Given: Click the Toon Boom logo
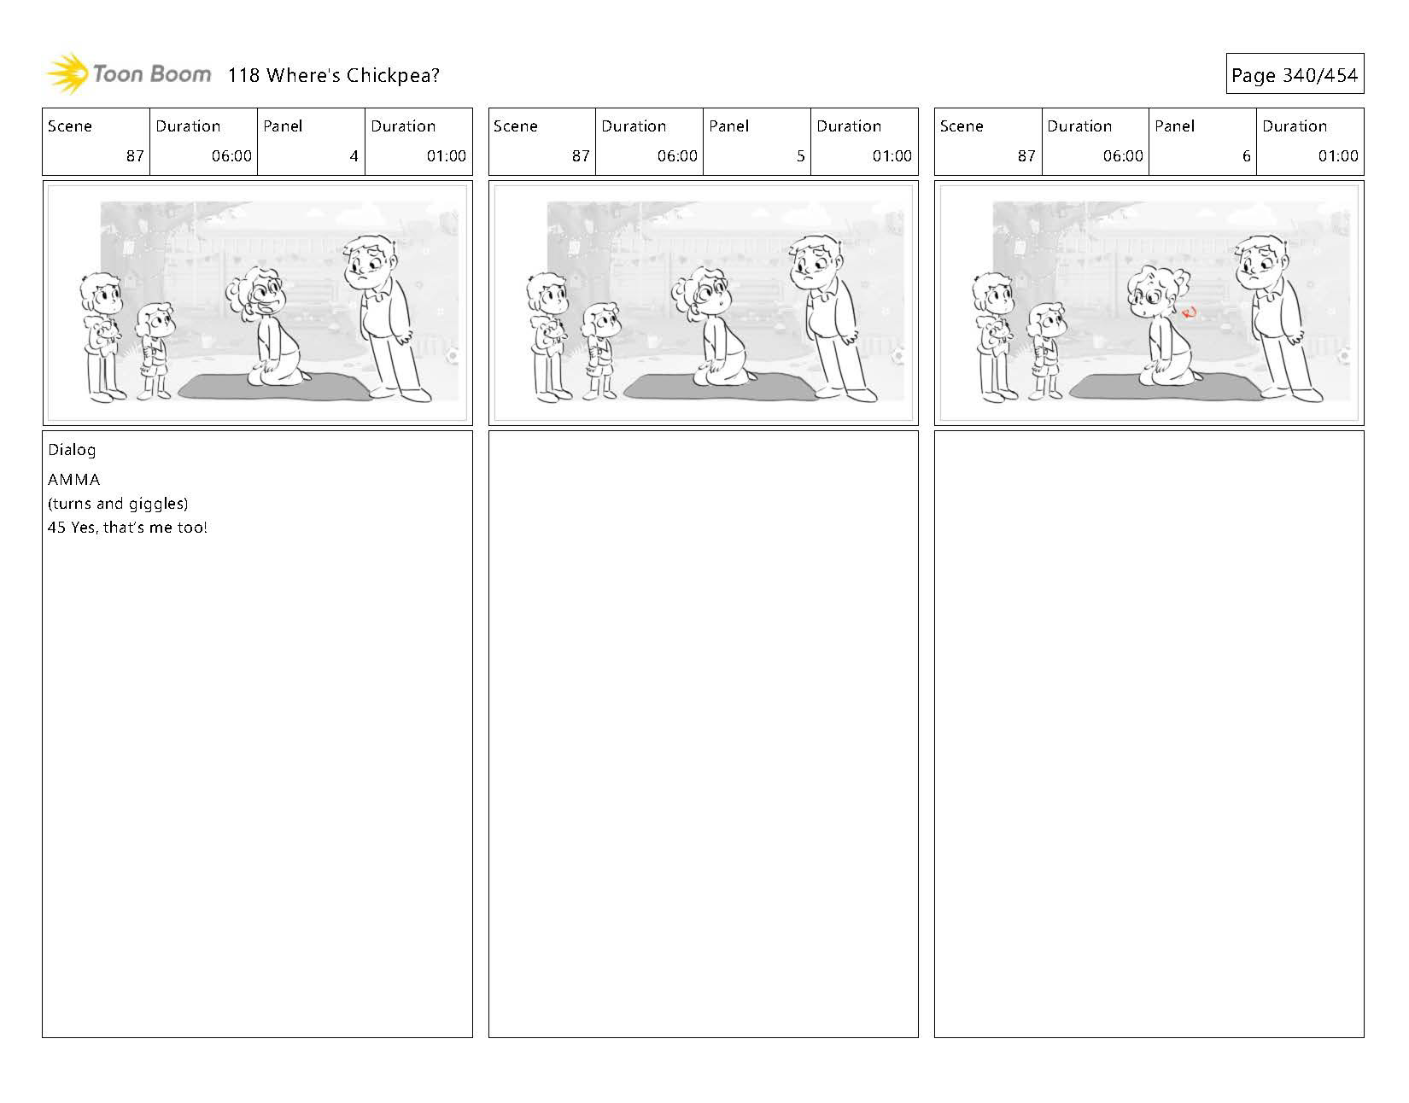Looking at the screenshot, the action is tap(129, 74).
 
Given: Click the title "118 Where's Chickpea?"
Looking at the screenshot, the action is tap(333, 75).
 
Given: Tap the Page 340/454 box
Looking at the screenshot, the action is tap(1295, 74).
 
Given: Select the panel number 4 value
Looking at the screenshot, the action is tap(354, 156).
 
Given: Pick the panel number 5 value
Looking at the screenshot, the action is tap(801, 156).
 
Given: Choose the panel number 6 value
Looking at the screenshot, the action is tap(1246, 156).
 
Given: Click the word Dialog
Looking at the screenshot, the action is tap(72, 451).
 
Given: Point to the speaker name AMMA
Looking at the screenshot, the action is tap(74, 480).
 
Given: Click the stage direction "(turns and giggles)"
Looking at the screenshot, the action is tap(118, 505).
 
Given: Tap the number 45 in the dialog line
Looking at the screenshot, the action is tap(57, 528).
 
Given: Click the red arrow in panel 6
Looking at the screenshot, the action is tap(1189, 313).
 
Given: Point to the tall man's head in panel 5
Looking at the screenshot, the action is tap(816, 262).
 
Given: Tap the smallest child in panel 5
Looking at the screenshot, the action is tap(601, 351).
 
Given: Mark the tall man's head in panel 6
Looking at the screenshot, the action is tap(1261, 262).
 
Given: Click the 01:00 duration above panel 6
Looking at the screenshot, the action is tap(1337, 156).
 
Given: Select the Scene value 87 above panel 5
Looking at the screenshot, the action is tap(581, 156).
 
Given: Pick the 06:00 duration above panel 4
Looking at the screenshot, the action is tap(231, 156).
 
